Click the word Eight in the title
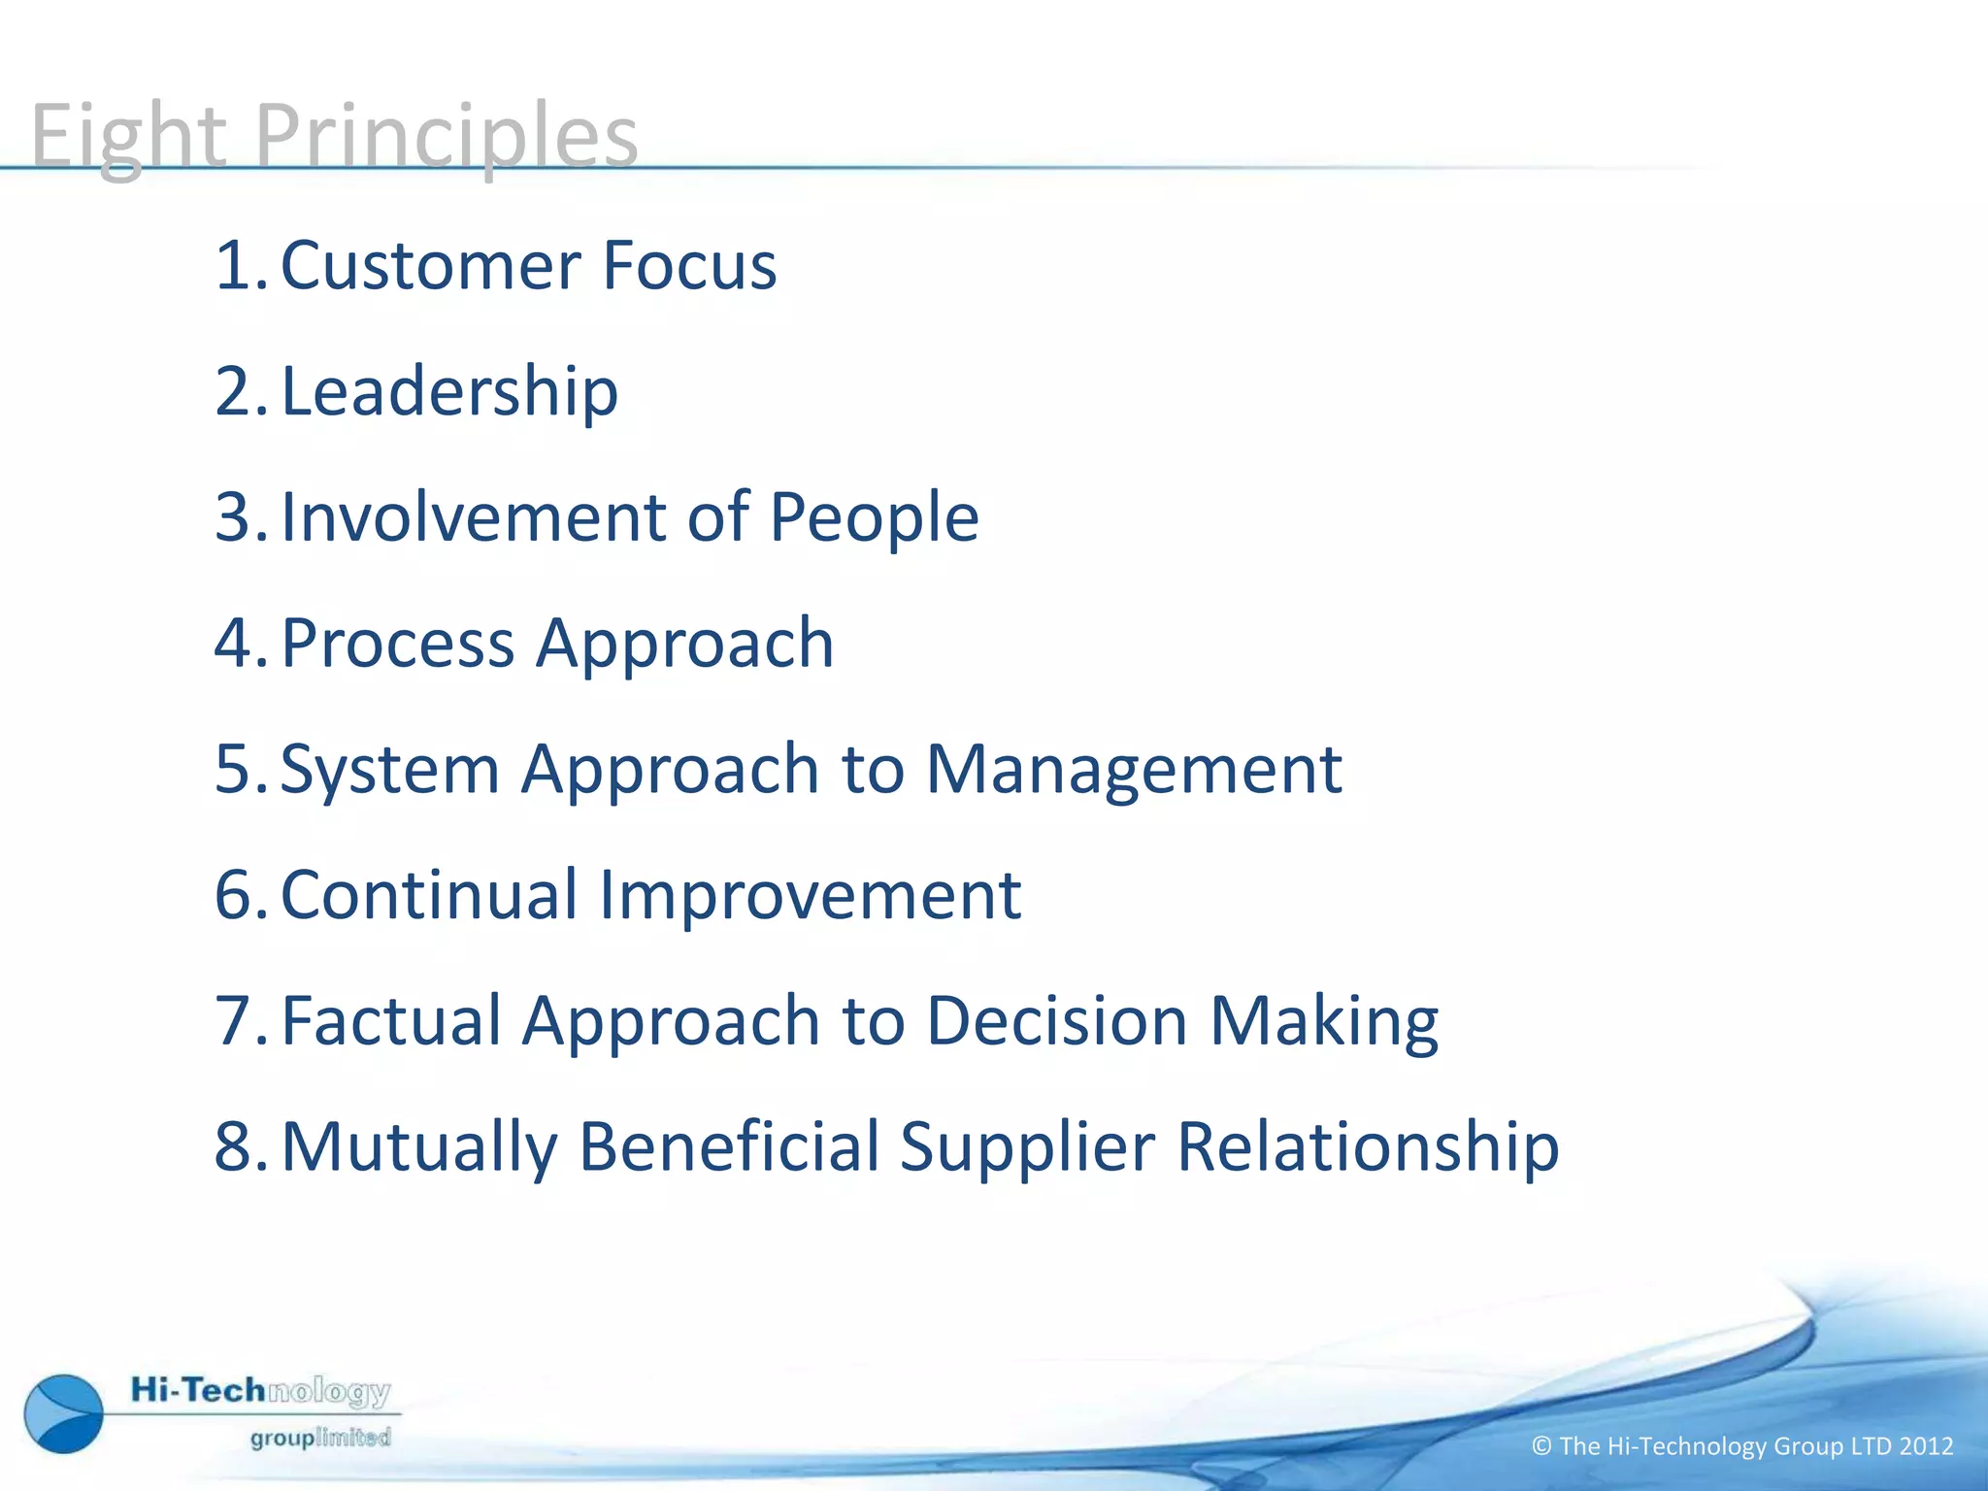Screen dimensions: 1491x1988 click(x=128, y=136)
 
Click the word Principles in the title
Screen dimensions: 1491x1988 click(x=446, y=136)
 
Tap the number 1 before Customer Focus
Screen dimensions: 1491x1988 click(x=234, y=265)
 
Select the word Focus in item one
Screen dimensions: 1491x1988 click(x=689, y=265)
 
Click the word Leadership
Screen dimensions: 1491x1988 click(x=449, y=391)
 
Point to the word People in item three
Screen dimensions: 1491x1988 click(x=874, y=517)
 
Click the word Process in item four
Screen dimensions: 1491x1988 click(x=397, y=644)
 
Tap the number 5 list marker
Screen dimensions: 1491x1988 click(x=234, y=769)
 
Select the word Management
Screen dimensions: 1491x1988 click(x=1133, y=769)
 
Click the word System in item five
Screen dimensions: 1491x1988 click(x=389, y=769)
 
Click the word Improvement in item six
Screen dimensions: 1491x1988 click(x=810, y=895)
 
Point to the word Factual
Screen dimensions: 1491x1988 click(x=391, y=1021)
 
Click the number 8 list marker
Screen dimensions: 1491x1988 click(x=234, y=1146)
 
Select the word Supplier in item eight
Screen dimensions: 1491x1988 click(x=1027, y=1148)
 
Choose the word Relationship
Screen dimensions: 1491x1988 click(x=1368, y=1148)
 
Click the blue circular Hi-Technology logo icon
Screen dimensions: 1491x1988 click(x=64, y=1413)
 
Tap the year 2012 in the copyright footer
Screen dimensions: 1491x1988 click(x=1926, y=1446)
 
